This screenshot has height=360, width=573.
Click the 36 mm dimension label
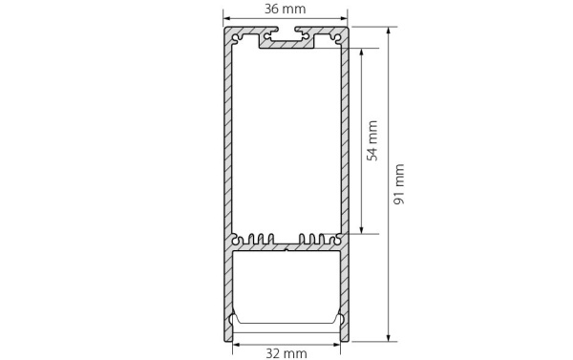(286, 9)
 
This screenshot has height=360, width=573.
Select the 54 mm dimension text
(373, 139)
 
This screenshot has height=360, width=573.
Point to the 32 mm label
(286, 353)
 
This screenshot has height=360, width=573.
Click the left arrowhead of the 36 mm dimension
(227, 18)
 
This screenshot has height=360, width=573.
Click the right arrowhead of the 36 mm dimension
(346, 18)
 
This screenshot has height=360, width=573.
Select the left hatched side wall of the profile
(228, 143)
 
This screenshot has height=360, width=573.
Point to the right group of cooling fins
(315, 239)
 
